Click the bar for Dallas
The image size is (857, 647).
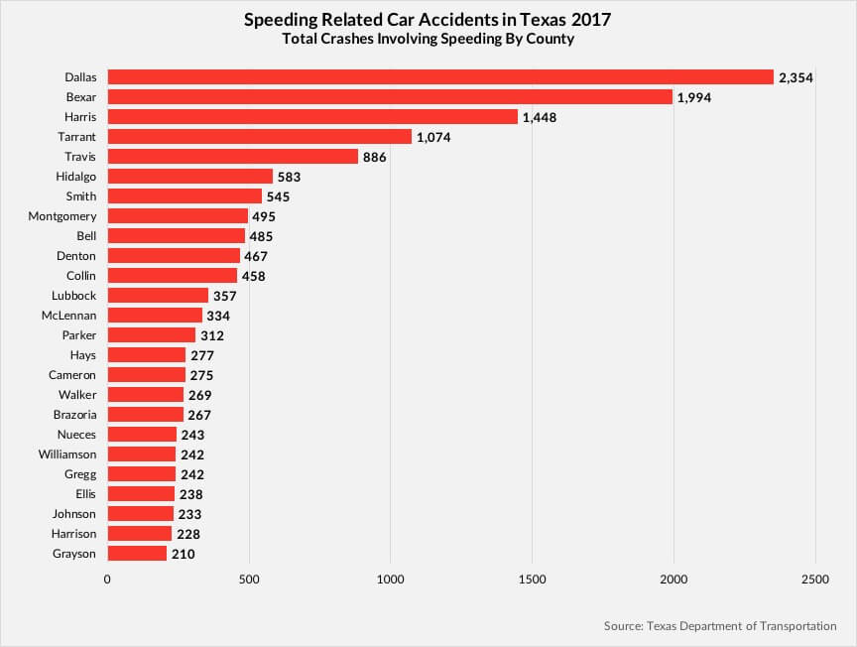pos(439,76)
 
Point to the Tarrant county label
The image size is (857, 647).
pos(75,137)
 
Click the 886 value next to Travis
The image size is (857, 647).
pos(374,157)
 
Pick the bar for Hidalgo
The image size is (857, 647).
pos(189,177)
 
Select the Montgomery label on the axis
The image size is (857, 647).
pos(61,216)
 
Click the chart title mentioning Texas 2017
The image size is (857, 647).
pos(428,20)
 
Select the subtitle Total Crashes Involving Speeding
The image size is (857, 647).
pos(428,40)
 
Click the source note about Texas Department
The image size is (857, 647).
pos(719,626)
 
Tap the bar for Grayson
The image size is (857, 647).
pos(137,554)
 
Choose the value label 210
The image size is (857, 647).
pos(183,554)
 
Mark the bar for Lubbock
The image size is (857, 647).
pos(158,296)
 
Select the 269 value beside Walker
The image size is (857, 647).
pos(199,395)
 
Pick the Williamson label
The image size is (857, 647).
pos(65,454)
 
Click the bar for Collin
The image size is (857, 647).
pos(172,276)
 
